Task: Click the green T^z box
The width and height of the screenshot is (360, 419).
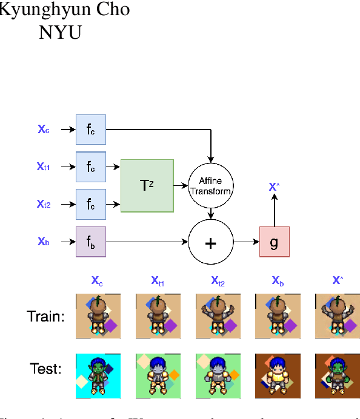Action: [x=147, y=185]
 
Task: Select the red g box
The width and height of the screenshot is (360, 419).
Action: [x=274, y=242]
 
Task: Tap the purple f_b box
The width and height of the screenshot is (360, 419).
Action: [x=91, y=242]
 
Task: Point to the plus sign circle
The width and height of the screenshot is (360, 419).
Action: [x=210, y=242]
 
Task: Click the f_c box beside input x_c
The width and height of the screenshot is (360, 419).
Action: [x=91, y=129]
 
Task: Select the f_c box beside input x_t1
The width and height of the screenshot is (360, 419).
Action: [x=91, y=167]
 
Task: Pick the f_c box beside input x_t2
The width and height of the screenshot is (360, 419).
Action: [x=91, y=204]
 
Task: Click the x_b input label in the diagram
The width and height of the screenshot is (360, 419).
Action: [x=44, y=242]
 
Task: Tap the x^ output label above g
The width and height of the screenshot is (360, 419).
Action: [x=274, y=186]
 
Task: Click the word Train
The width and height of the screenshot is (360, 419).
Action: [x=45, y=315]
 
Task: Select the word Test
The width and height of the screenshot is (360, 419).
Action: [x=45, y=368]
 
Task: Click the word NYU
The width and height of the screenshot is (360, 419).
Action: [x=60, y=32]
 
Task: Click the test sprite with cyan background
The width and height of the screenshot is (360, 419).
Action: [x=98, y=376]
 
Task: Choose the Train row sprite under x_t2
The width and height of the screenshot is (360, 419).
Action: [x=218, y=315]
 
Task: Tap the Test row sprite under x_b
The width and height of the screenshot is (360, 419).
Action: [x=277, y=376]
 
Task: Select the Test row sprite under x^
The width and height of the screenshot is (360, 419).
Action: [x=337, y=376]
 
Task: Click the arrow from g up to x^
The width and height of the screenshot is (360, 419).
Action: [x=274, y=209]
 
